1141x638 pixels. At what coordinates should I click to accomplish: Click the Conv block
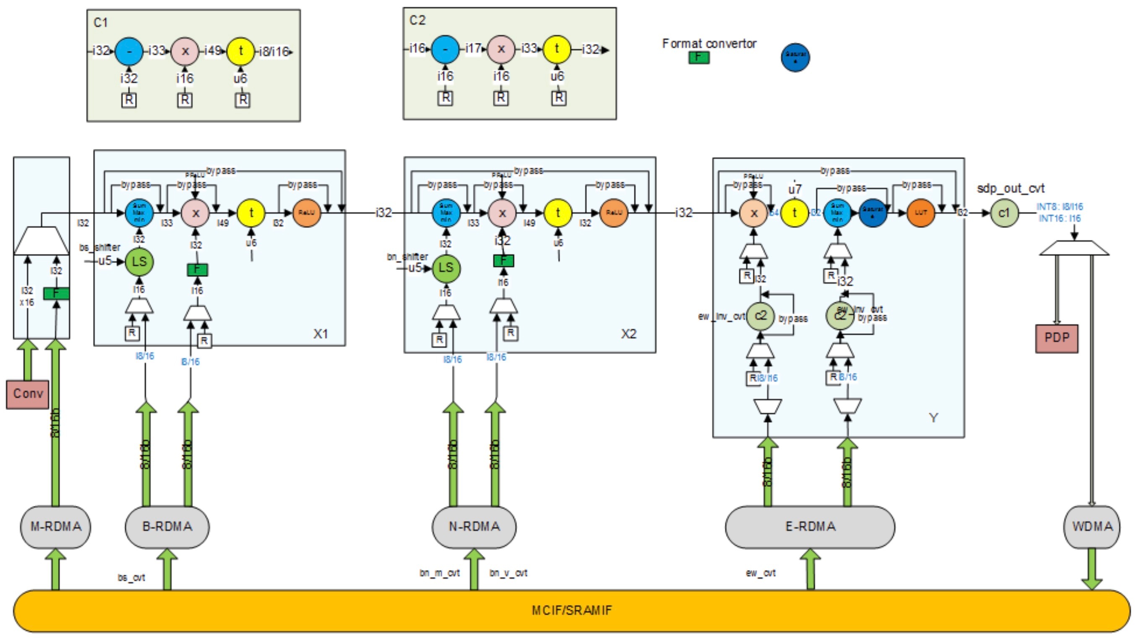(27, 393)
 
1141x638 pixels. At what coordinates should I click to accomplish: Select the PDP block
(1056, 338)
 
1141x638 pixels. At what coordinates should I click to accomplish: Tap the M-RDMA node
(56, 526)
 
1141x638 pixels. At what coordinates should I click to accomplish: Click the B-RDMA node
(167, 526)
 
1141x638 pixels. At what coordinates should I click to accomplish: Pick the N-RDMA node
(474, 526)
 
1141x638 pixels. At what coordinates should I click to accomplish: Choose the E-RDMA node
(810, 526)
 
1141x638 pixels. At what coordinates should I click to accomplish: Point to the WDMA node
(1092, 526)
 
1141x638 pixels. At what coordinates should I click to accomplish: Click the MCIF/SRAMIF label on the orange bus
(571, 611)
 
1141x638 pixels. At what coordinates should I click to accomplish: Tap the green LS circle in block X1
(139, 262)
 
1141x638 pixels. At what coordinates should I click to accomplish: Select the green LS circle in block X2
(446, 268)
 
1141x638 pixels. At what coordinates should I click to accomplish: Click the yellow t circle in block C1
(240, 51)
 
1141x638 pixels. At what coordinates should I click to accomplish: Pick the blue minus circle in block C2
(445, 49)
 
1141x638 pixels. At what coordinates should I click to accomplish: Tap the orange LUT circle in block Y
(921, 213)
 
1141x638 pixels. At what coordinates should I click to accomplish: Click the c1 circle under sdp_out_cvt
(1004, 213)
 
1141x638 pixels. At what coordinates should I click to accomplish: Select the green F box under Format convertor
(699, 57)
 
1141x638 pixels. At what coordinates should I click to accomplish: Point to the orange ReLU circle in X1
(307, 213)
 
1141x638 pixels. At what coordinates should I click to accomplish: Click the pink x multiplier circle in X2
(502, 213)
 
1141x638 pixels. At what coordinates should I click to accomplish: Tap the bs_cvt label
(131, 578)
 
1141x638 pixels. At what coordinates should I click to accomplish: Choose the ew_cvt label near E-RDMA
(761, 573)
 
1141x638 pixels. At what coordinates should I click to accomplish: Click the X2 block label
(628, 334)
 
